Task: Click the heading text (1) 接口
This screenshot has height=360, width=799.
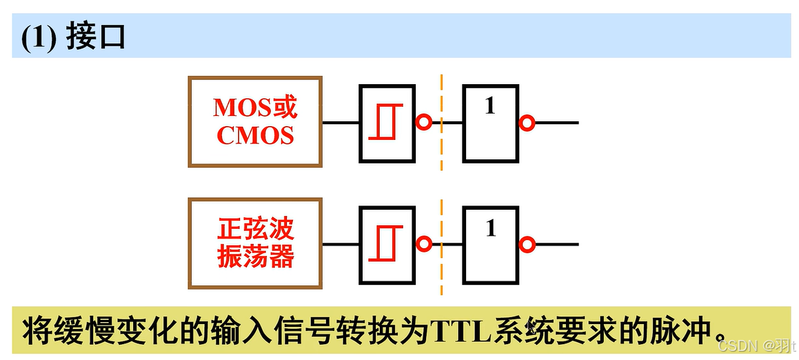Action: (73, 37)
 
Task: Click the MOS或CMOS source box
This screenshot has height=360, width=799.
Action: (255, 121)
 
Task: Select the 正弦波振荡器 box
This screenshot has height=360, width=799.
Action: (255, 243)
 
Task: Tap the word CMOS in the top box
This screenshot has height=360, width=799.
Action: (255, 135)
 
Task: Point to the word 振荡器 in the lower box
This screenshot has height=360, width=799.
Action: (255, 257)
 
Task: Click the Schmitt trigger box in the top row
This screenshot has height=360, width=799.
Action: (387, 123)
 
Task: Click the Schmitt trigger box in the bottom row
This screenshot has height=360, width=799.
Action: (387, 244)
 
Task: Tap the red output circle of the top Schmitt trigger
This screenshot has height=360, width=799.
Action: (424, 123)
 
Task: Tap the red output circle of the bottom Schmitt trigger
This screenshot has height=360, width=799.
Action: (424, 244)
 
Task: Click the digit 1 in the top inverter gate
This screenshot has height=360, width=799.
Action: (490, 106)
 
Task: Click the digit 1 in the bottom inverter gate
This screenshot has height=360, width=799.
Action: (491, 228)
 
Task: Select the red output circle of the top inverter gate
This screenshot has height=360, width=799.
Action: (527, 123)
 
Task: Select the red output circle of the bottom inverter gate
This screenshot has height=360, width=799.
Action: (527, 244)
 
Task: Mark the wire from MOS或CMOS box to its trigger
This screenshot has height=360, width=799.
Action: (341, 123)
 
